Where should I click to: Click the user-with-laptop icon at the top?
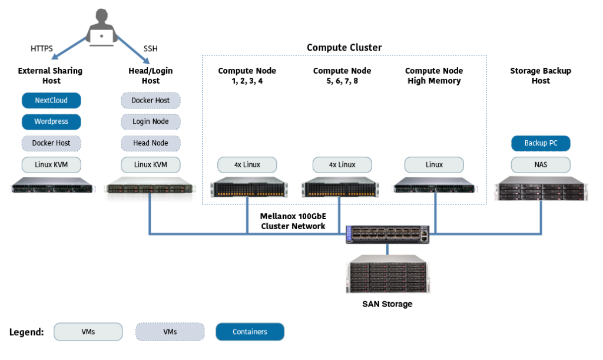pos(101,29)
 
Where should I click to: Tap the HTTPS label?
pos(42,49)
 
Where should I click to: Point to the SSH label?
pos(151,49)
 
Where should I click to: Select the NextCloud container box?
pos(51,101)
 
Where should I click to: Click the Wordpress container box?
pos(51,122)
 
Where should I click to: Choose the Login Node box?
pos(151,122)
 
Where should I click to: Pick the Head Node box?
pos(151,143)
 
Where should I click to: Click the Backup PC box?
pos(541,143)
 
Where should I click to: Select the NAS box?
pos(541,164)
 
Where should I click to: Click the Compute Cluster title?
pos(344,48)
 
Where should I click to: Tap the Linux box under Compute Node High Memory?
pos(435,164)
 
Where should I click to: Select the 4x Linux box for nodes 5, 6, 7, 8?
pos(342,164)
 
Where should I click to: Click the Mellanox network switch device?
pos(388,235)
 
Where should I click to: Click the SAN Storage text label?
pos(387,305)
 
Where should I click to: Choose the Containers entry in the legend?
pos(250,332)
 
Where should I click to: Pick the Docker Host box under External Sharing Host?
pos(51,143)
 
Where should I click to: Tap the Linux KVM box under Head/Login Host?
pos(151,164)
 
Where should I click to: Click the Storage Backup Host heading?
pos(541,75)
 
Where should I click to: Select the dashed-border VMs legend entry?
pos(170,332)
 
